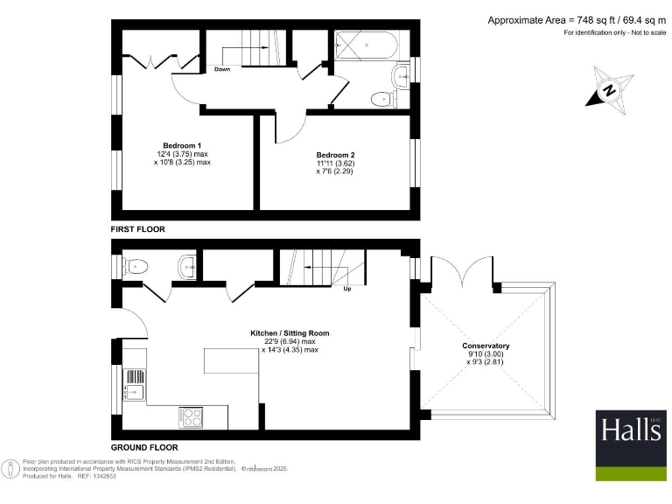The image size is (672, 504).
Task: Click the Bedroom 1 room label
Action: [x=182, y=145]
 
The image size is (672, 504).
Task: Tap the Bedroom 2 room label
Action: [x=335, y=154]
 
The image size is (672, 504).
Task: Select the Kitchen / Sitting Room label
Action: [x=290, y=333]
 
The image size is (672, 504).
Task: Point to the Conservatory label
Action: [x=486, y=346]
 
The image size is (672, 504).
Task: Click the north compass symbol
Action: [x=609, y=89]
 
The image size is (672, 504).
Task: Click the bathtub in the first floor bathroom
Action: [x=368, y=45]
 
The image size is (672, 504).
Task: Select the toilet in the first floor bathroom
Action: [x=383, y=99]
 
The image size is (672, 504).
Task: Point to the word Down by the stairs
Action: [x=221, y=70]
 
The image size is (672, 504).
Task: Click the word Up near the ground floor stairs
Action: [x=347, y=289]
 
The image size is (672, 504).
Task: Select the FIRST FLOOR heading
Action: [x=138, y=229]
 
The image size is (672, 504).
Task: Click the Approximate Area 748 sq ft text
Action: [x=576, y=20]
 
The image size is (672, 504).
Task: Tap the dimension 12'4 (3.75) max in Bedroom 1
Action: [x=183, y=154]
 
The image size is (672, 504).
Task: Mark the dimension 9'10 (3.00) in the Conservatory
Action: [x=486, y=354]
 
